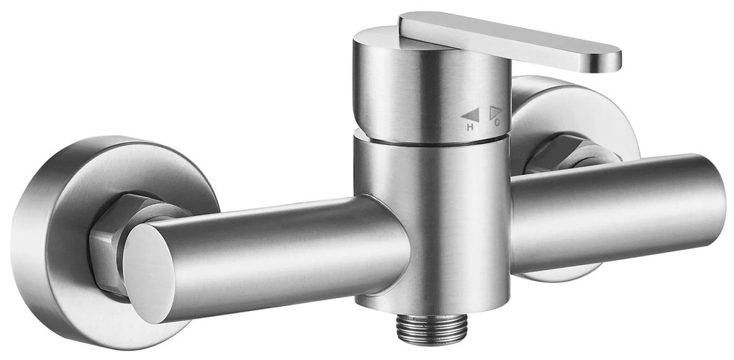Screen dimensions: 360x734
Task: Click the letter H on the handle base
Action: coord(470,127)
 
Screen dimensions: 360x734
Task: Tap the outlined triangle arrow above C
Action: coord(495,112)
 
